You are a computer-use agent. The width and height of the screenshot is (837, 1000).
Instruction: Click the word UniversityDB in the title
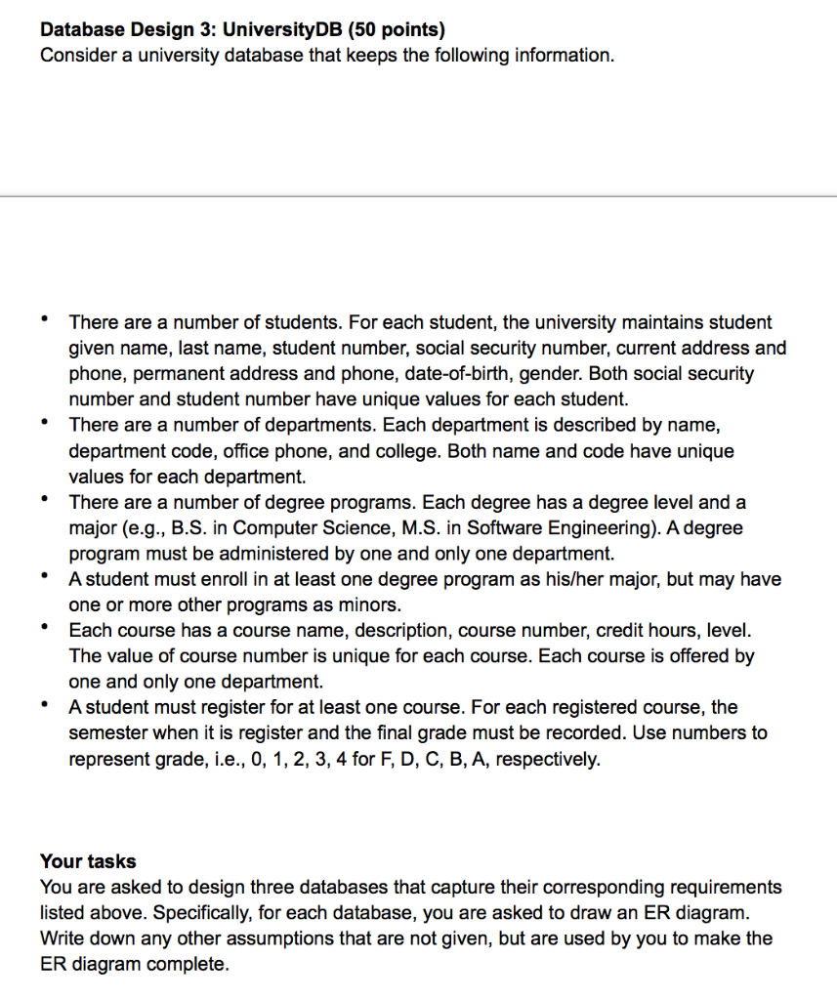click(x=280, y=29)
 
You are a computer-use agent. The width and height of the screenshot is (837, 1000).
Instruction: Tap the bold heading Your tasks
click(x=88, y=861)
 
